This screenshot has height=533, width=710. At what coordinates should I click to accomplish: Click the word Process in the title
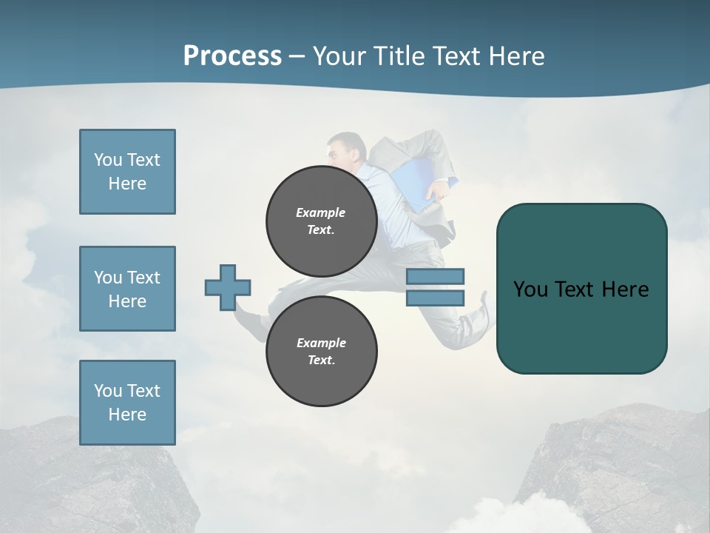[232, 56]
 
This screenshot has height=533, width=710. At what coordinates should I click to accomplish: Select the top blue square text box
[127, 172]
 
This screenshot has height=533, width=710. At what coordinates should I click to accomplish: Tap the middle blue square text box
[127, 289]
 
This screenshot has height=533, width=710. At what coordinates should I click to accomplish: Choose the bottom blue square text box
[127, 403]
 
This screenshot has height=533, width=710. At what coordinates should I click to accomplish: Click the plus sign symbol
[228, 287]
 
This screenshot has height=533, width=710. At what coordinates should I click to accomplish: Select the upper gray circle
[321, 221]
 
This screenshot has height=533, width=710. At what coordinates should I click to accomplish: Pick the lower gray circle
[321, 351]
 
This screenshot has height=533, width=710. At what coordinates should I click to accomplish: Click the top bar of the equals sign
[435, 277]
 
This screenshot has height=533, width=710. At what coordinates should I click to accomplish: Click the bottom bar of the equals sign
[435, 298]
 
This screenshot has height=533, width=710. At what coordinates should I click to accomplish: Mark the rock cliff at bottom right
[621, 466]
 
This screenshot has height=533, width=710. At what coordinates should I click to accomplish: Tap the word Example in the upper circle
[321, 212]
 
